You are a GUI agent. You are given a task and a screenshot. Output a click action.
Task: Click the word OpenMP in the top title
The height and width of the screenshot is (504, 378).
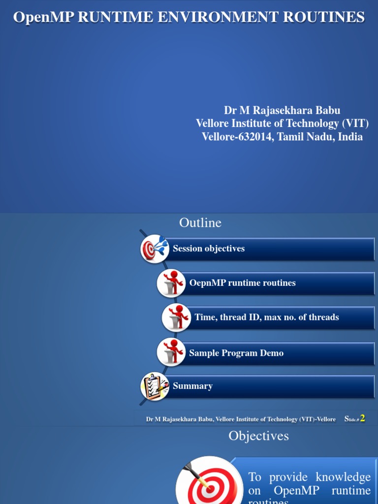click(43, 17)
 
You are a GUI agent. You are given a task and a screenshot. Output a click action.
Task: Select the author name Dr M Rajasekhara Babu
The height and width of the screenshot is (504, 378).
click(282, 110)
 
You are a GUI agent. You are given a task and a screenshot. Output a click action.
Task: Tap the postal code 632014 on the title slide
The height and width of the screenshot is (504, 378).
click(254, 137)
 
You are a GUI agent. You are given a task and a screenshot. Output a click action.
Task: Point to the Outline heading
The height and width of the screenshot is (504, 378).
click(200, 223)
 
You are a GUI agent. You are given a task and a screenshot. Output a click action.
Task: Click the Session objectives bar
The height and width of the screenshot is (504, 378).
click(271, 249)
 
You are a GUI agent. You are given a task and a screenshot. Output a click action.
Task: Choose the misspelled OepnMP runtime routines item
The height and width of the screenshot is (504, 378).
click(278, 283)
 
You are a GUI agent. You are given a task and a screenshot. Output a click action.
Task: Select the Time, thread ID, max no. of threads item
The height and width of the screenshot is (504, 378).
click(281, 317)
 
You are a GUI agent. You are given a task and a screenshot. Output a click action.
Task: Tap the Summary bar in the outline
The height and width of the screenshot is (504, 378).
click(271, 386)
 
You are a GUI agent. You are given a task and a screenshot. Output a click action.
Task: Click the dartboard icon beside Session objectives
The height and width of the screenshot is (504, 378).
click(155, 249)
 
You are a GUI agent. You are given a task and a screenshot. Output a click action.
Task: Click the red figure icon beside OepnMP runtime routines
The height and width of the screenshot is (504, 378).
click(171, 283)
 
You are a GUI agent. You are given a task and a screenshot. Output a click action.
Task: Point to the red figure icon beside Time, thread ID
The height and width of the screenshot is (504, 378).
click(176, 317)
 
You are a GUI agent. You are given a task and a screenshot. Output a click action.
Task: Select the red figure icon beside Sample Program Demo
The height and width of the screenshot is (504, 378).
click(171, 352)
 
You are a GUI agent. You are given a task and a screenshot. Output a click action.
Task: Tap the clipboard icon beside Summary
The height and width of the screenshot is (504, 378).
click(155, 386)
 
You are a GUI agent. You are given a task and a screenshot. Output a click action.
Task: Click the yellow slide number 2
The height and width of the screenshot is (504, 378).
click(363, 418)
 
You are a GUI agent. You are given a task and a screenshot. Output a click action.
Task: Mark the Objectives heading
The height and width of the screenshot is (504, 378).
click(258, 436)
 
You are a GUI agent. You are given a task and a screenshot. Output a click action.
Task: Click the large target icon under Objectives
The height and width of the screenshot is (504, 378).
click(209, 482)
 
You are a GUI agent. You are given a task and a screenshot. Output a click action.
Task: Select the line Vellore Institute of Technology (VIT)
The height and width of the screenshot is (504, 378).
click(282, 124)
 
